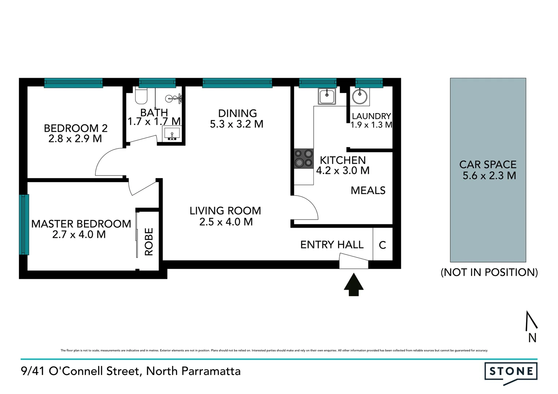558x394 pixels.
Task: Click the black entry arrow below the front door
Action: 353,285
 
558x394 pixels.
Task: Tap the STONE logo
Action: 511,372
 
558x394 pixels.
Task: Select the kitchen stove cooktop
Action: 304,159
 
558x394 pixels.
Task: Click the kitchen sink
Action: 327,96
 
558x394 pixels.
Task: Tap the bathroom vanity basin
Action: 172,133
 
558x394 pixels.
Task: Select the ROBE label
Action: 149,242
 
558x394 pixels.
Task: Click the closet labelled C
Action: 382,245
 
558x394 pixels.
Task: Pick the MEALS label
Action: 368,190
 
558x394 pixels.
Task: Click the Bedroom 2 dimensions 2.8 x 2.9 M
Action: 75,139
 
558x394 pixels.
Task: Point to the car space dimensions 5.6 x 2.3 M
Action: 489,176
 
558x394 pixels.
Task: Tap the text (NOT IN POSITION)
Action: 489,272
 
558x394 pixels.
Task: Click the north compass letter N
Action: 532,338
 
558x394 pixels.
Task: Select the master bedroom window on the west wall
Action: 24,224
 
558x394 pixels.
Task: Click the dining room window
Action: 237,83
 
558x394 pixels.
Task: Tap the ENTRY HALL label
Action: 332,245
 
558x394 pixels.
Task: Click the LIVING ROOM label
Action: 225,211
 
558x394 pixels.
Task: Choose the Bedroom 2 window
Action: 73,83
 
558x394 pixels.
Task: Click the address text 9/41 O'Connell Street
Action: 81,371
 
